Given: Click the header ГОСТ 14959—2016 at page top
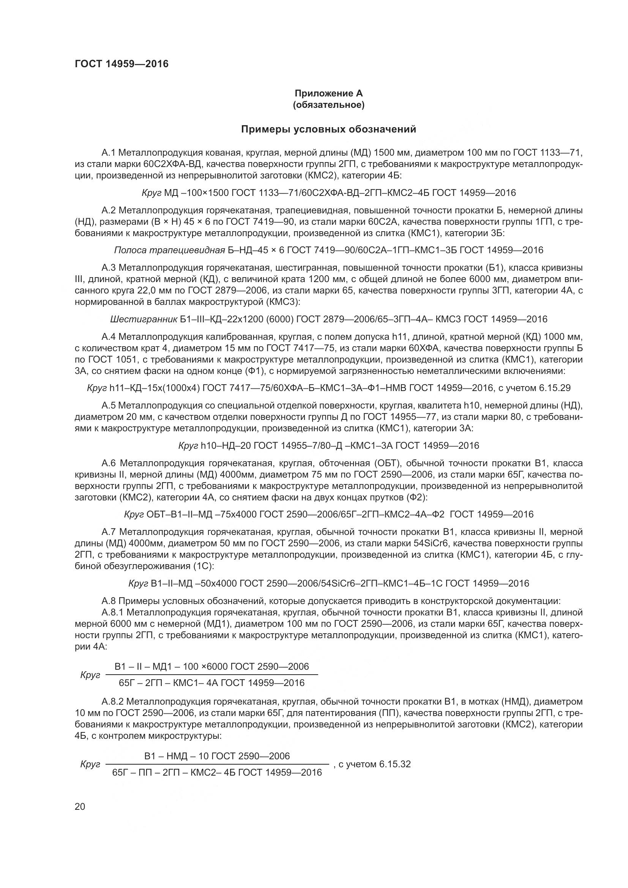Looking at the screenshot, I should [x=121, y=64].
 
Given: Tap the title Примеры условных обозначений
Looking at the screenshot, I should [x=328, y=129].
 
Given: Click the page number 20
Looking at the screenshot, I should [x=80, y=806].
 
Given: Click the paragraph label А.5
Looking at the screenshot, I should [x=109, y=405].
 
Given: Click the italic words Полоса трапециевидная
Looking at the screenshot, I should [x=169, y=250].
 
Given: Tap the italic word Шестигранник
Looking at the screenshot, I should [x=144, y=319].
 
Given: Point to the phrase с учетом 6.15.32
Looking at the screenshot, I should [x=374, y=764].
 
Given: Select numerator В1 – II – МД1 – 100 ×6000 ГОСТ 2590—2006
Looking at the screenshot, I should [x=211, y=666].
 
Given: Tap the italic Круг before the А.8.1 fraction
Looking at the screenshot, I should [x=90, y=675].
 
